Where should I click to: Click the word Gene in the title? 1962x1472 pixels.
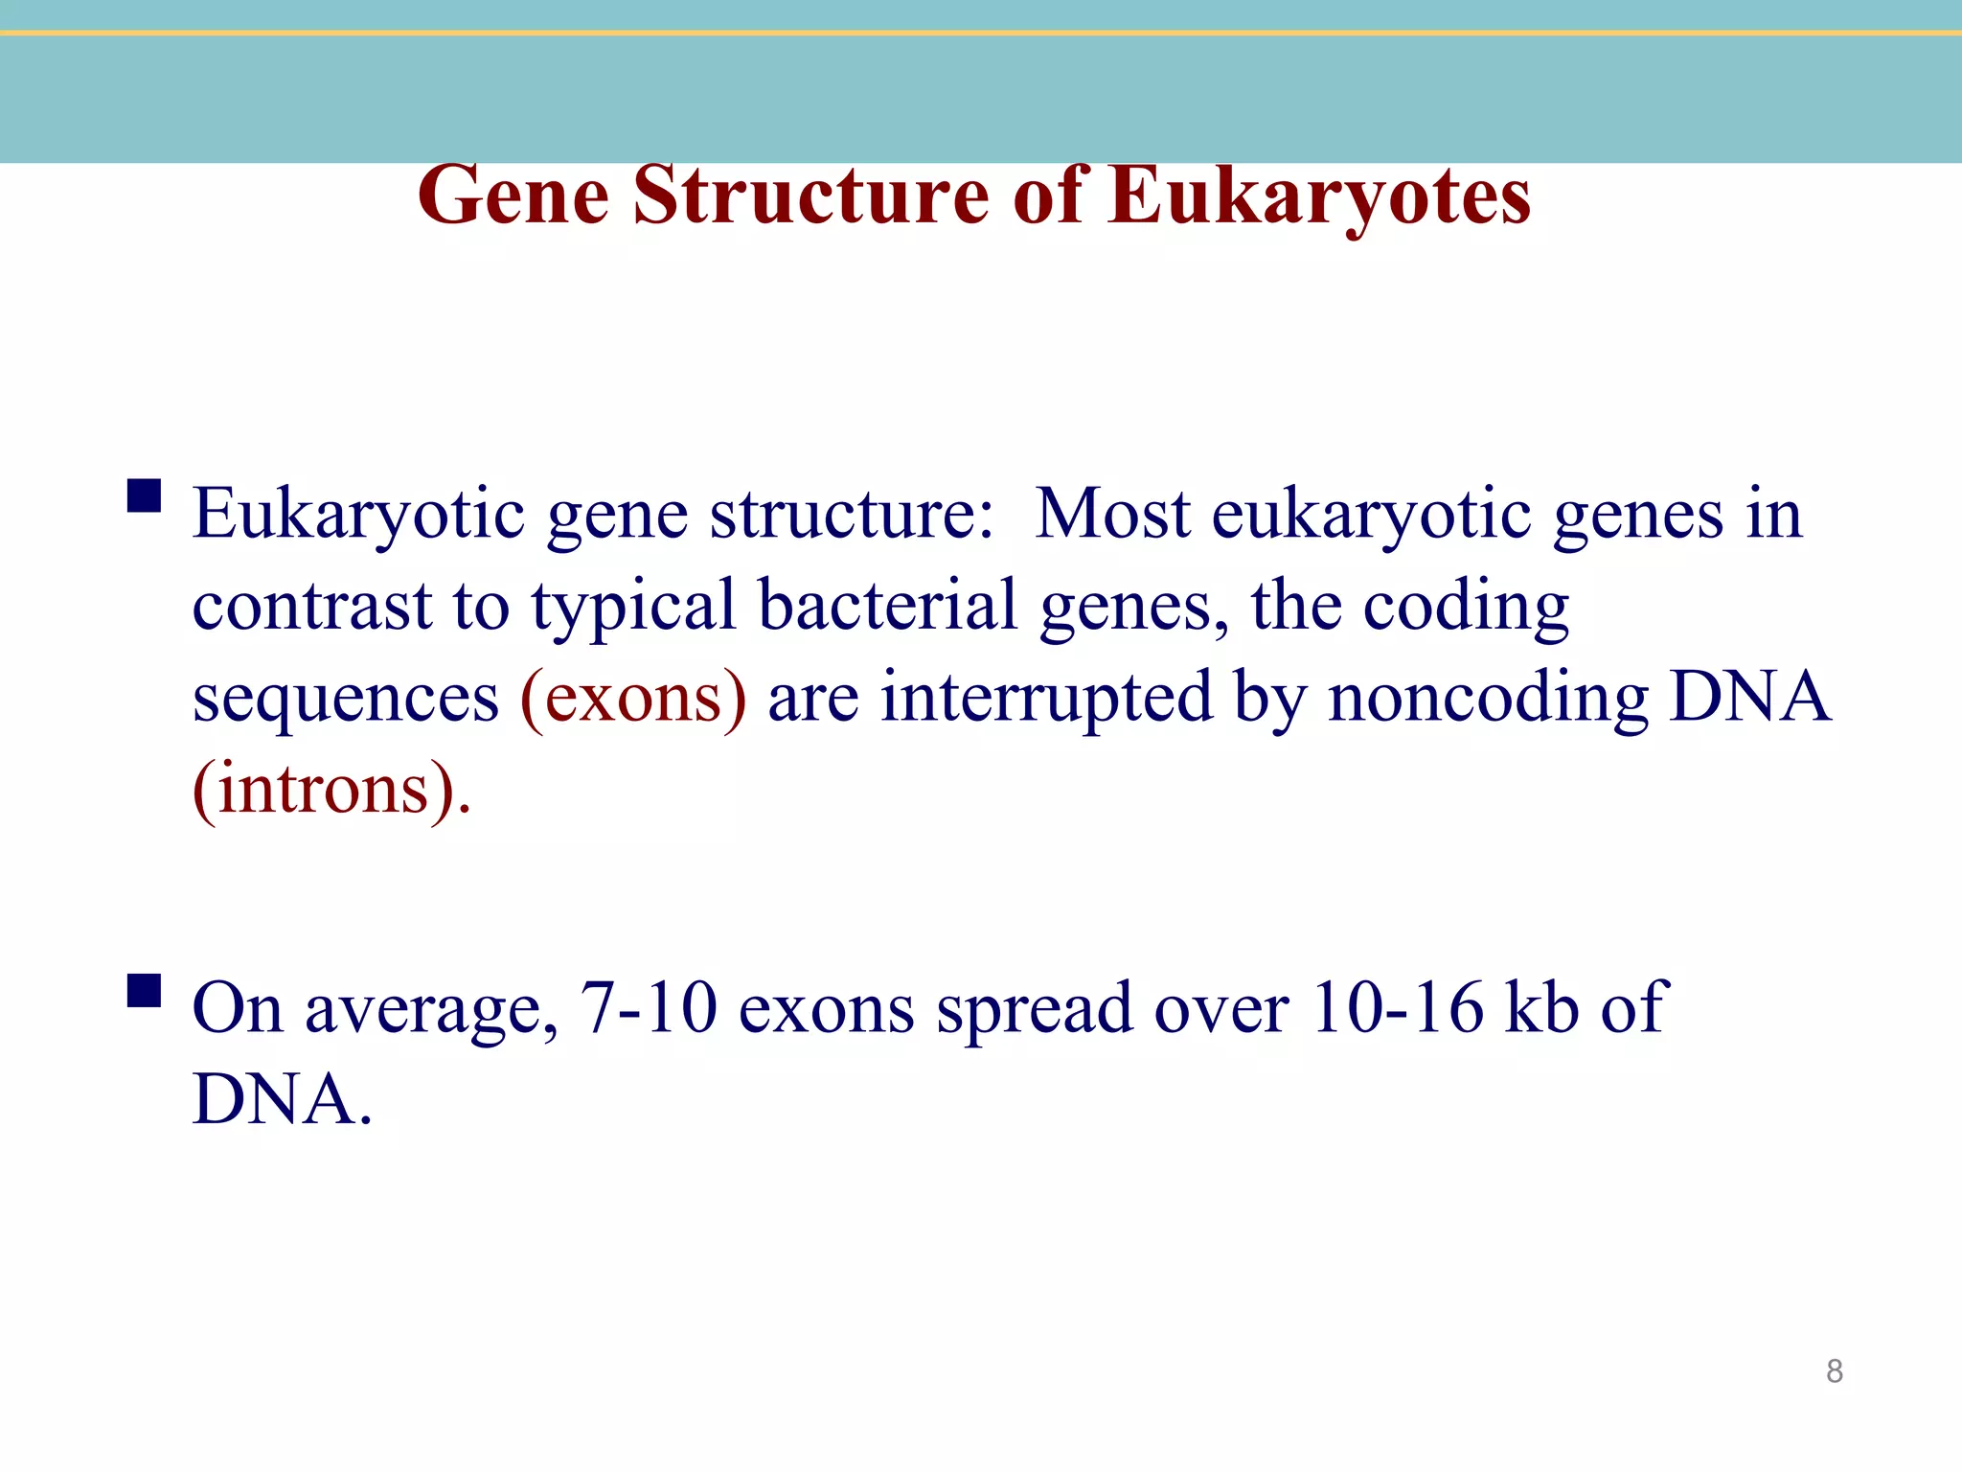513,196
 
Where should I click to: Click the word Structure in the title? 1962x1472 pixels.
810,196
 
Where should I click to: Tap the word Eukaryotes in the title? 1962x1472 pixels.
1319,196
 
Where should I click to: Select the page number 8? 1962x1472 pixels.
1834,1371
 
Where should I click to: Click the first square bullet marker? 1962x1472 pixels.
144,496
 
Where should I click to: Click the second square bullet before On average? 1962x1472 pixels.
144,990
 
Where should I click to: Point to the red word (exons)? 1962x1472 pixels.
633,699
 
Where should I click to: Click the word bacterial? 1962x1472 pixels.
888,607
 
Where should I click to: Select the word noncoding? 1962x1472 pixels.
1488,699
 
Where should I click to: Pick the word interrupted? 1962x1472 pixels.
1047,699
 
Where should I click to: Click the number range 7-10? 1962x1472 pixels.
649,1009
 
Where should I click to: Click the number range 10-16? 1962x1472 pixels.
1396,1009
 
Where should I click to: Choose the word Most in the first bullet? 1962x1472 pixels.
1112,515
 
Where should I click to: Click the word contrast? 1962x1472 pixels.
312,607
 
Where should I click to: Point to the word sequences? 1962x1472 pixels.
346,701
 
